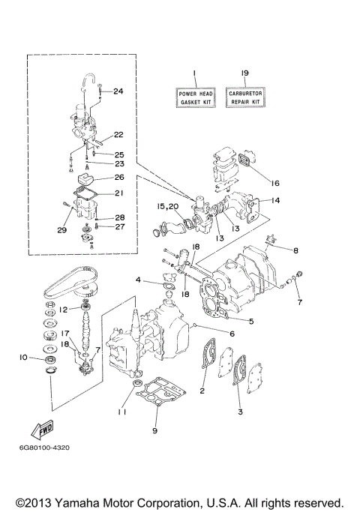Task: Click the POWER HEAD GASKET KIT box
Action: coord(195,97)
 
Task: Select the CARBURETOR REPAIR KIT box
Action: coord(244,97)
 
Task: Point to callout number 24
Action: coord(118,91)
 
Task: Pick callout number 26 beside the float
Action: coord(118,178)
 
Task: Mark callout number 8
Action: coord(295,250)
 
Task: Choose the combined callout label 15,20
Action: coord(167,206)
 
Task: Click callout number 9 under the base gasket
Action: coord(154,431)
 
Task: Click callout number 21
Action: coord(118,193)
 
